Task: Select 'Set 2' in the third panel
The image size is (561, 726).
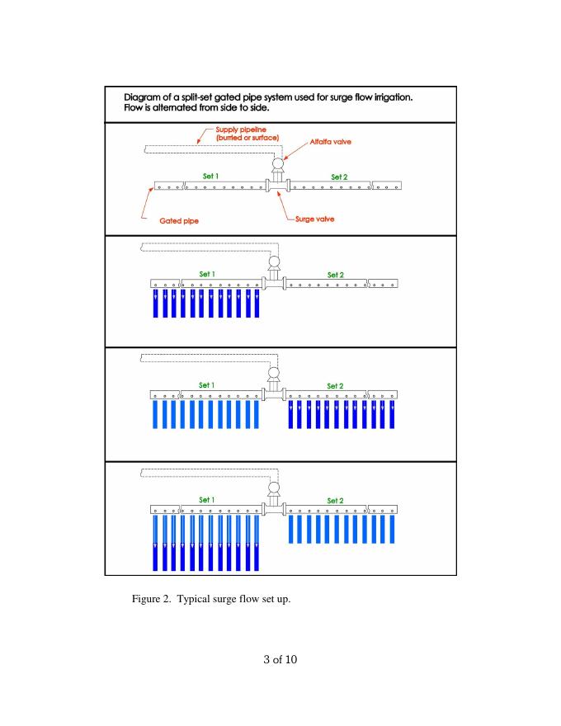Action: (x=336, y=385)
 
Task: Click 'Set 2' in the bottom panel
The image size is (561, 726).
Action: (x=336, y=500)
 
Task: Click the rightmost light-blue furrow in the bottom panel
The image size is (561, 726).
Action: (x=393, y=528)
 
